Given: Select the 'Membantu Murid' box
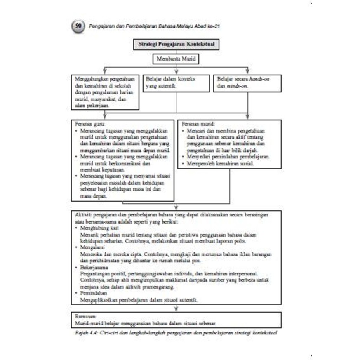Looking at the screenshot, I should pyautogui.click(x=176, y=59).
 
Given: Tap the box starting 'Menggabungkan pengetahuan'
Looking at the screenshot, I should pyautogui.click(x=105, y=92).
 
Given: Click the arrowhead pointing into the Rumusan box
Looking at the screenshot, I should pyautogui.click(x=176, y=309).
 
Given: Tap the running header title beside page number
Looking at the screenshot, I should pyautogui.click(x=153, y=26).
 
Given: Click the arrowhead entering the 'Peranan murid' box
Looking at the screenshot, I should pyautogui.click(x=247, y=118).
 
